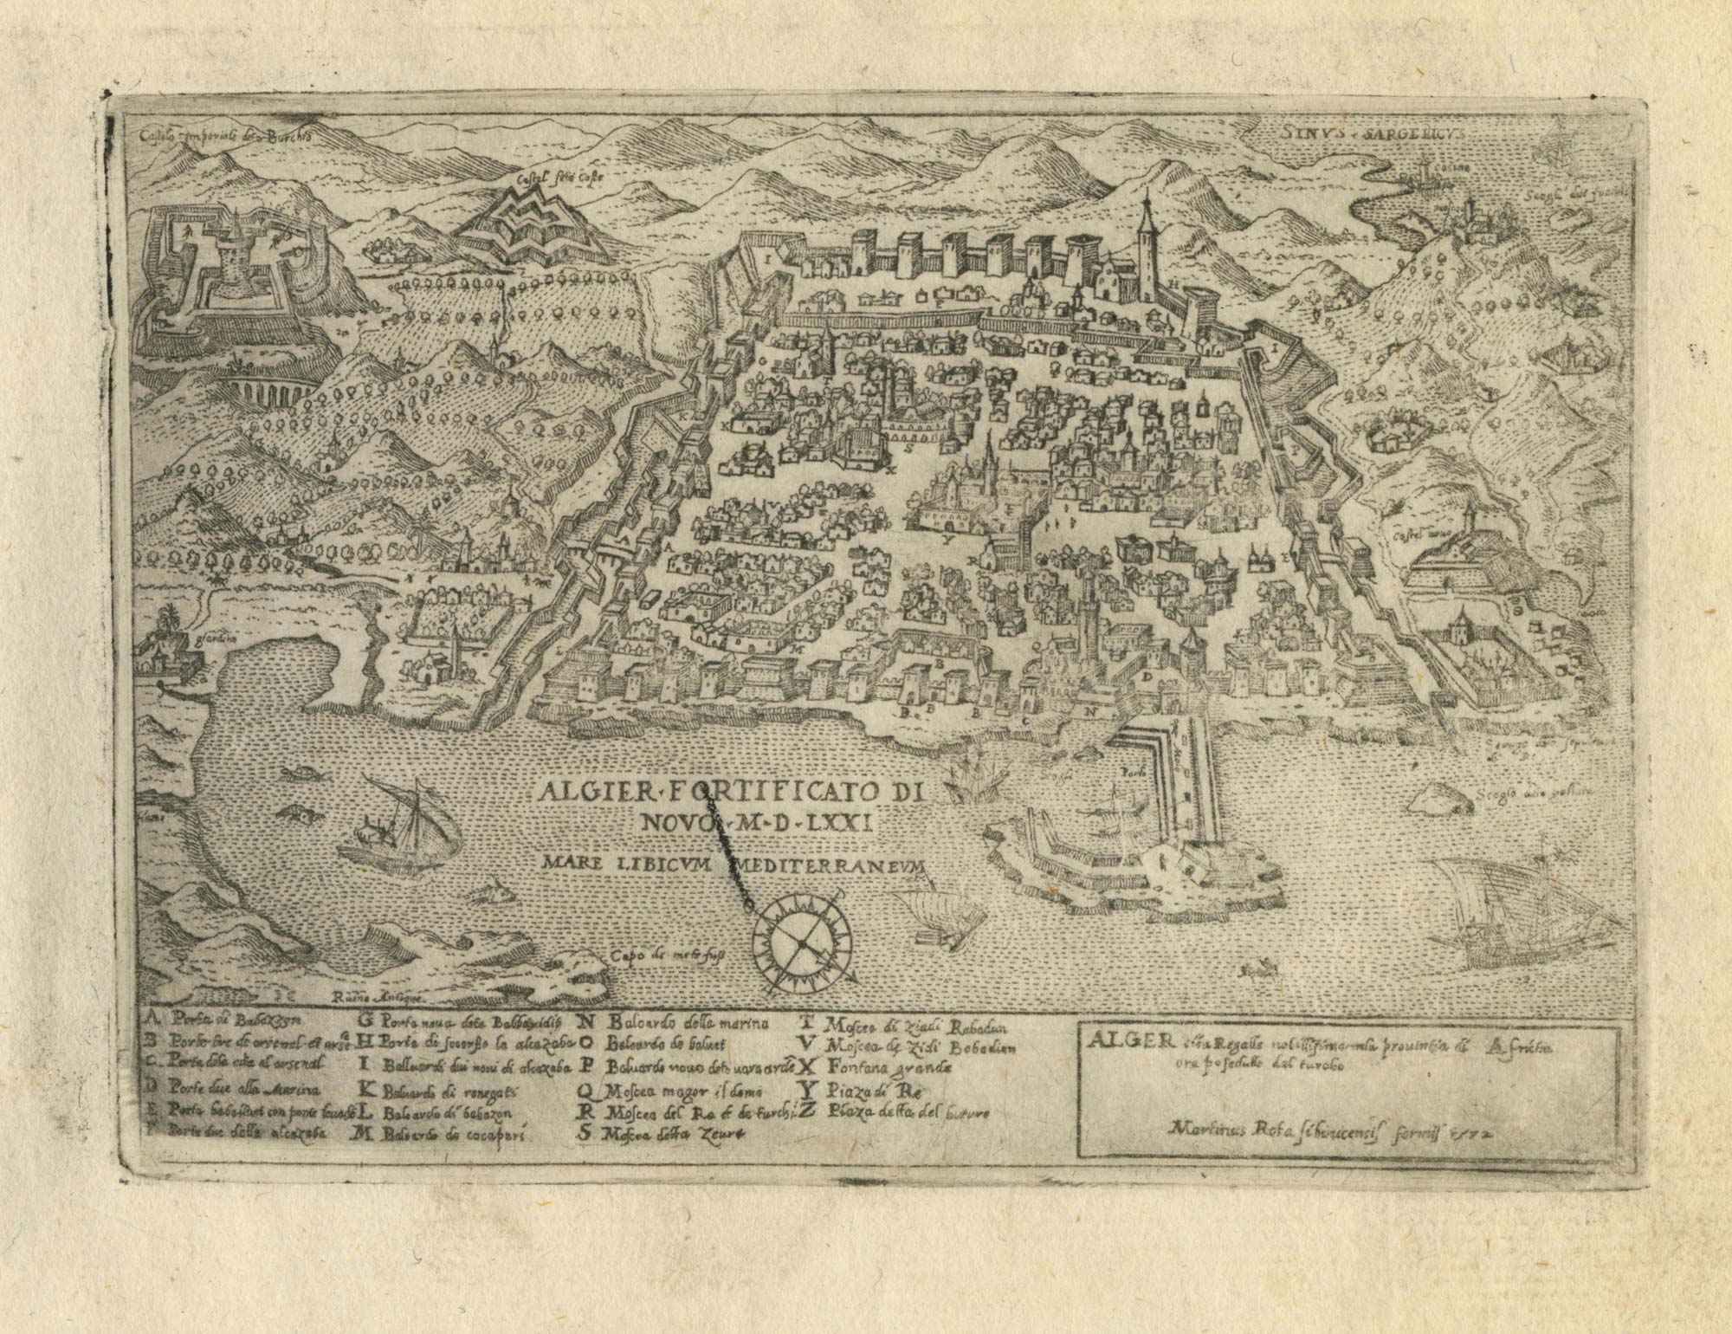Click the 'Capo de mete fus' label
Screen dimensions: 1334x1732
click(665, 956)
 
